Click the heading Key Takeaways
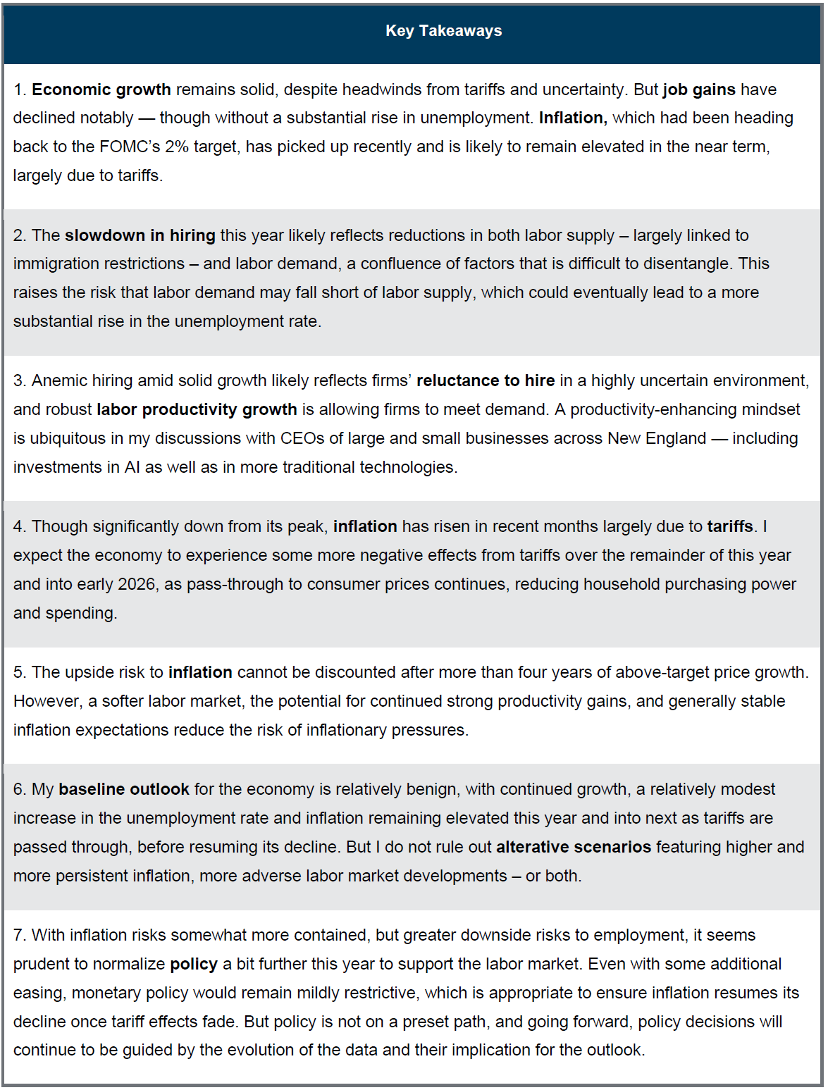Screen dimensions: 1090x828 coord(443,31)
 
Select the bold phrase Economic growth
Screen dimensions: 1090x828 coord(101,89)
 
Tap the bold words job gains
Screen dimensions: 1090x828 coord(699,89)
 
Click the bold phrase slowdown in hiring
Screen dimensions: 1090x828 coord(140,235)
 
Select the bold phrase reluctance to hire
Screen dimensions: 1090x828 coord(486,380)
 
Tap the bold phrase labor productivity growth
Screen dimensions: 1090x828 coord(197,409)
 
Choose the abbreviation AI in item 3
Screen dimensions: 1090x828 coord(132,467)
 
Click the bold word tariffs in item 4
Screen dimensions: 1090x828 coord(730,526)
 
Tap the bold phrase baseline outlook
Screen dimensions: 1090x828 coord(124,789)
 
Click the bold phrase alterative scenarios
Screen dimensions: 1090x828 coord(574,847)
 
